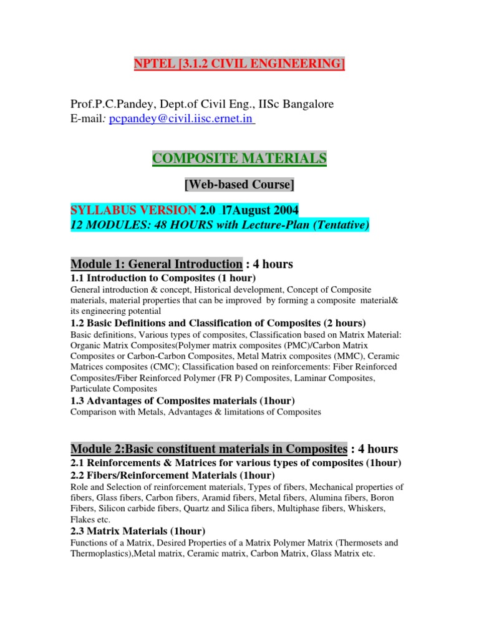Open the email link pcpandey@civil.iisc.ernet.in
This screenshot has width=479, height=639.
pos(181,120)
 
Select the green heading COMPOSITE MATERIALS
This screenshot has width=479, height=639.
pos(239,159)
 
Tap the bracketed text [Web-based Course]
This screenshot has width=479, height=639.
pos(239,185)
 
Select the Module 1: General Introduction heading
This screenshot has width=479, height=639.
pos(156,264)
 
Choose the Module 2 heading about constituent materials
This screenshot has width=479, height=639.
pos(208,449)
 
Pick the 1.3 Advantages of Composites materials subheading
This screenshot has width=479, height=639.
pos(183,400)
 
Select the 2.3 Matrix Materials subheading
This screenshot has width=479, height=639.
pos(138,531)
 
